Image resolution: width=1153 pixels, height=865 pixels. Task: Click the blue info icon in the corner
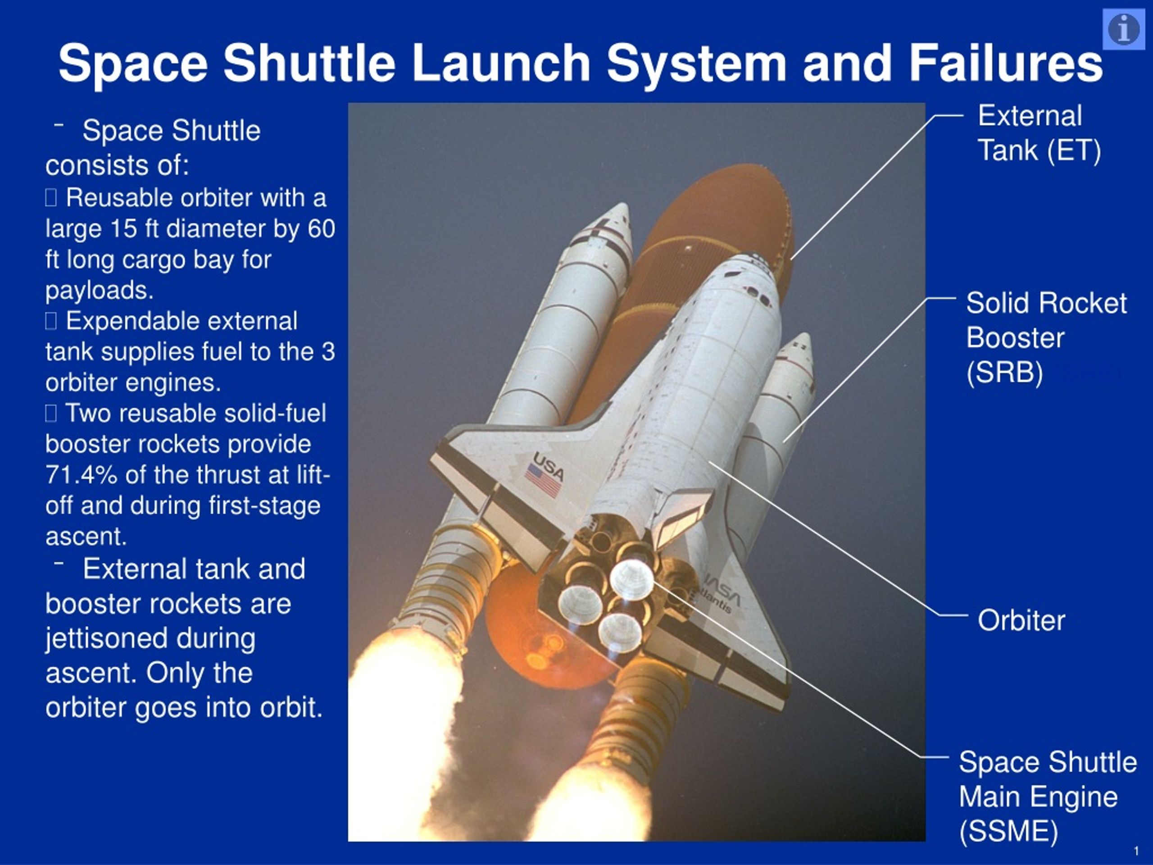tap(1123, 29)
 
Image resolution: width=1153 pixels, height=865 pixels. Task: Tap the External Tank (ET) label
tap(1039, 133)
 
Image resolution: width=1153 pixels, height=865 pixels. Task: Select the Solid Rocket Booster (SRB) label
tap(1046, 337)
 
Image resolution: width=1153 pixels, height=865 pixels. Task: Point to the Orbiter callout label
tap(1021, 620)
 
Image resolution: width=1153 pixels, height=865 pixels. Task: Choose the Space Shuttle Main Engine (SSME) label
tap(1047, 797)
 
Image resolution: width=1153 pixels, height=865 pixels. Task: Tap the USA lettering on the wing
tap(549, 465)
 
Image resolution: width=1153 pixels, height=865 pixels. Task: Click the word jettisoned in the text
tap(150, 639)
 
